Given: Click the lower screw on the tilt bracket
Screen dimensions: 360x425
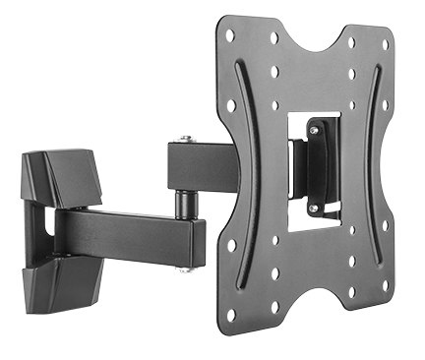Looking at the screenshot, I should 313,209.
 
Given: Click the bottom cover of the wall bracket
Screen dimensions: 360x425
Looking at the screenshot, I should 59,285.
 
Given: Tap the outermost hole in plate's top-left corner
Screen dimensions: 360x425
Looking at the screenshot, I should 230,34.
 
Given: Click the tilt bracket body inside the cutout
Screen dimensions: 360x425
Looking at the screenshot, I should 317,167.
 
